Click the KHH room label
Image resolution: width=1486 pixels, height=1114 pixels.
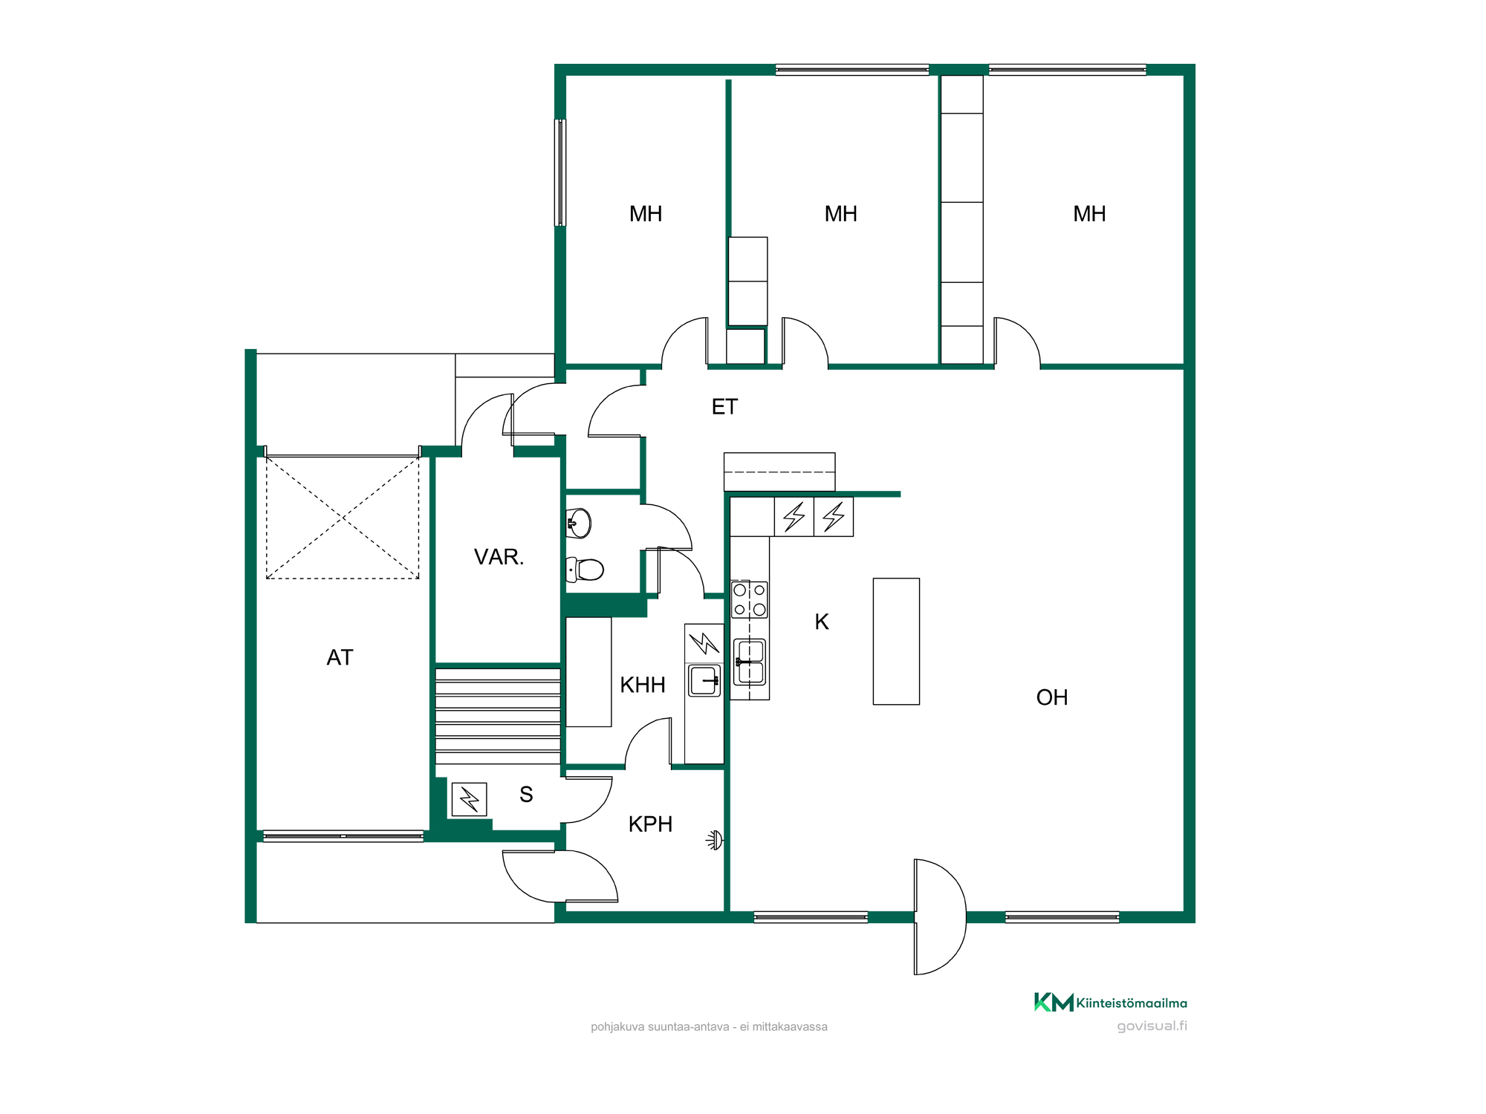[x=643, y=685]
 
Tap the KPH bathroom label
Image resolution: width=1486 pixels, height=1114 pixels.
[x=650, y=824]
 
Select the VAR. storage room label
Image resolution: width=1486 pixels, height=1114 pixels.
[x=499, y=557]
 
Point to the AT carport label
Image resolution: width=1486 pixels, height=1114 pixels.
[x=340, y=657]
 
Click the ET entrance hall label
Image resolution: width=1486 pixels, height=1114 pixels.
[x=724, y=407]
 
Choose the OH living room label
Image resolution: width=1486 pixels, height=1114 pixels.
[x=1052, y=697]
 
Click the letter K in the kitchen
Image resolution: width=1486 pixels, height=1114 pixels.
[x=822, y=622]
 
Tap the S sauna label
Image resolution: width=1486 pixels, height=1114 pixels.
[x=526, y=795]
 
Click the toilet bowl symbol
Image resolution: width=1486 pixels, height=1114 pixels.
[x=585, y=570]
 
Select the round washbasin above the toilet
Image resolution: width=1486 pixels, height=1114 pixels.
[x=579, y=523]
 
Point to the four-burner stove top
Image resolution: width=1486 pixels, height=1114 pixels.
[x=750, y=600]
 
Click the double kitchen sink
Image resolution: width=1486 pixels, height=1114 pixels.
[x=750, y=662]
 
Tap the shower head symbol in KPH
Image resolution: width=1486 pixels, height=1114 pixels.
[x=715, y=840]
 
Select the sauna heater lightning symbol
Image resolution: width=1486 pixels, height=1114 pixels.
[x=469, y=800]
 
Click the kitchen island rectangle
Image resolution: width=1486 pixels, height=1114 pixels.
[x=896, y=642]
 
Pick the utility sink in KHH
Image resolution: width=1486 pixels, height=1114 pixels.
[x=704, y=680]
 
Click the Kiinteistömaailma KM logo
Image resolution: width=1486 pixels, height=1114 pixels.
[x=1054, y=1003]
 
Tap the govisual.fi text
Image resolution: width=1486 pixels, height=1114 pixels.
[x=1152, y=1026]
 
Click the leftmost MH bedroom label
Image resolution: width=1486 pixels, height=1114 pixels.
[x=646, y=214]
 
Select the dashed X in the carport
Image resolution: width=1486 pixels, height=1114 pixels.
[x=343, y=518]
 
